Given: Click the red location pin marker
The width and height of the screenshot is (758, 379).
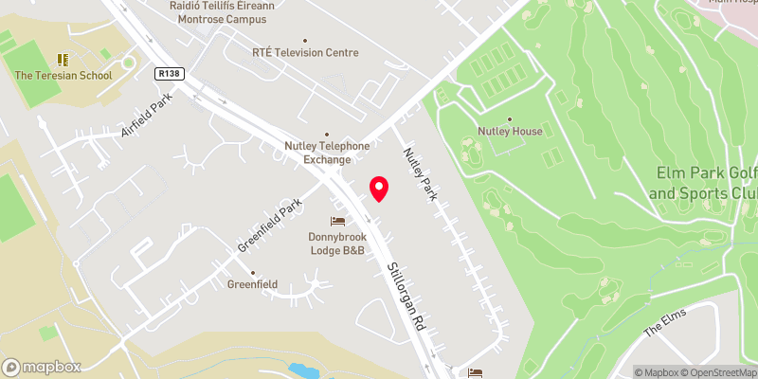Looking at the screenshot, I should tap(379, 188).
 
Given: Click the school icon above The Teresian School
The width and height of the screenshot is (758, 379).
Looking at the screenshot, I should tap(63, 59).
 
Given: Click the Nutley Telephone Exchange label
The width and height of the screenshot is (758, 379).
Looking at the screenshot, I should tap(327, 153).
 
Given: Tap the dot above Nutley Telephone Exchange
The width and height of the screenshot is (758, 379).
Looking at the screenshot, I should tap(327, 134).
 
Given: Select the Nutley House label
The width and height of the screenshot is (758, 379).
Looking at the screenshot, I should tap(511, 132).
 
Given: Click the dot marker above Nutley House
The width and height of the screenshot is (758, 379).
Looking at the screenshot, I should tap(511, 119).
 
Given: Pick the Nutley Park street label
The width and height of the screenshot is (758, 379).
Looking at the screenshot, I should tap(422, 173).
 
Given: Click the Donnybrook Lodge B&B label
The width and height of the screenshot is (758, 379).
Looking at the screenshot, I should tap(338, 244).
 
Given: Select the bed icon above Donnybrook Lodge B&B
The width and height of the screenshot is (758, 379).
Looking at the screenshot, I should tap(338, 221).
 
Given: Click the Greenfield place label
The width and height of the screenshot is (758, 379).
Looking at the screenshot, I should tap(252, 283).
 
